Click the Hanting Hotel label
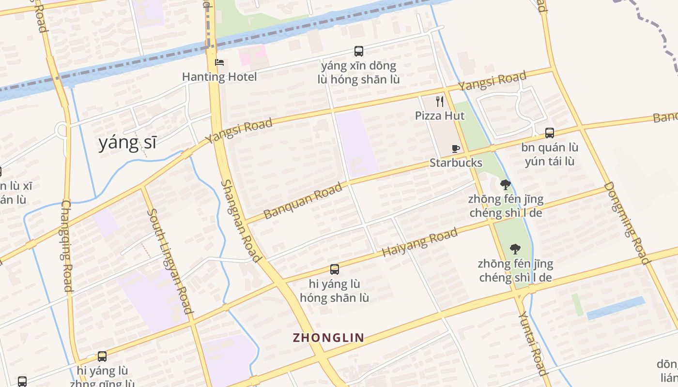click(219, 76)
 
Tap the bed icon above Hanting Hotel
click(219, 63)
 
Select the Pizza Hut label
click(440, 116)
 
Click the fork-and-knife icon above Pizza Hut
click(440, 102)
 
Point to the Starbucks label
click(456, 163)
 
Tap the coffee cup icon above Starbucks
click(455, 149)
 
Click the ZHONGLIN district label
click(328, 338)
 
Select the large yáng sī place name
click(127, 143)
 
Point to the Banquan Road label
click(303, 200)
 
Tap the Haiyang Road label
click(419, 243)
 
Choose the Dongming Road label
click(627, 223)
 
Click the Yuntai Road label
click(533, 343)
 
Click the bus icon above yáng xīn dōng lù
click(359, 51)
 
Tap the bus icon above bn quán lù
click(549, 133)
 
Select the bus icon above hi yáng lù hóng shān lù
click(334, 269)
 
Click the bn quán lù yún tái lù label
click(550, 154)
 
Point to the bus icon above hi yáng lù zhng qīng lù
click(102, 357)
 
